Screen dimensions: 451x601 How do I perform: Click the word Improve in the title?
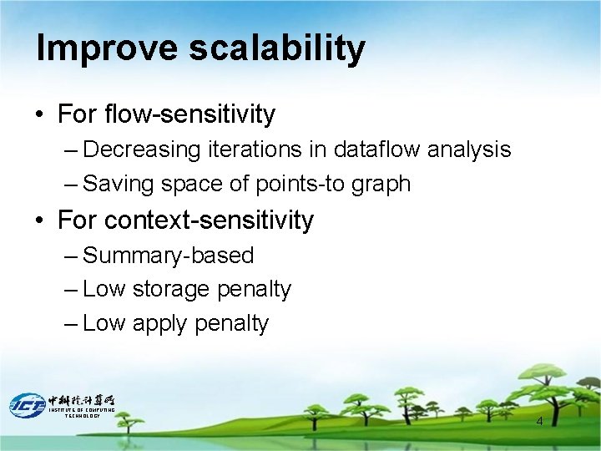click(x=107, y=49)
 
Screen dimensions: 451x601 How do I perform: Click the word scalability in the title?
click(x=276, y=49)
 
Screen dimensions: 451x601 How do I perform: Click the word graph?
click(x=382, y=185)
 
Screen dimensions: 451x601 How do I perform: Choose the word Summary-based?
click(x=168, y=256)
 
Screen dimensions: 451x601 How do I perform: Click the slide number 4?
click(x=539, y=421)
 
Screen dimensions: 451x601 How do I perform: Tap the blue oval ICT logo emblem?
click(x=27, y=404)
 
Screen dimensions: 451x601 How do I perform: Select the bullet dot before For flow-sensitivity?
click(x=41, y=114)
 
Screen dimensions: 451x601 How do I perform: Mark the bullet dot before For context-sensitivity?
click(x=41, y=221)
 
